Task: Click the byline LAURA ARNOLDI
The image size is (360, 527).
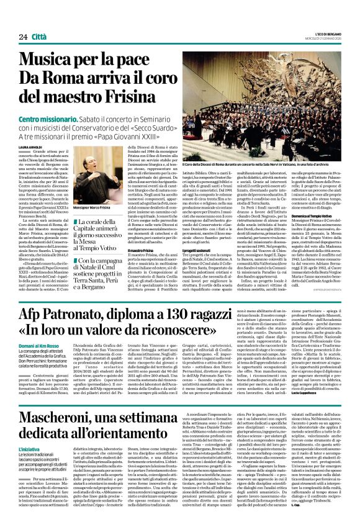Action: (31, 146)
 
